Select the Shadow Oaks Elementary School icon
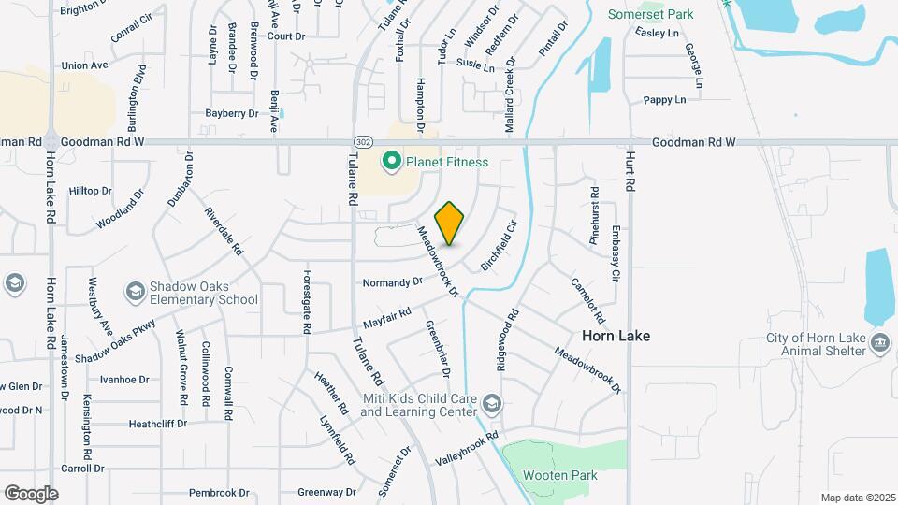[136, 294]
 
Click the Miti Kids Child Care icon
[492, 404]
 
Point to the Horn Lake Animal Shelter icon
[879, 342]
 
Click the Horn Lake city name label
[616, 335]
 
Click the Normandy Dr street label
[392, 281]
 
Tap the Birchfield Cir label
[499, 246]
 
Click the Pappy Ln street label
[664, 99]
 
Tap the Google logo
[31, 493]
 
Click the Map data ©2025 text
[857, 498]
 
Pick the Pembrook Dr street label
[219, 492]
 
